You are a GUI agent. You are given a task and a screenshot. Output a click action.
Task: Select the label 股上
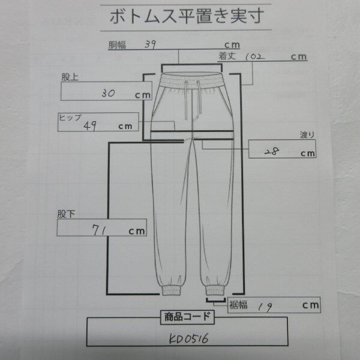point(70,76)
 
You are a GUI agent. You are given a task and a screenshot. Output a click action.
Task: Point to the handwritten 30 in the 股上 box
point(110,94)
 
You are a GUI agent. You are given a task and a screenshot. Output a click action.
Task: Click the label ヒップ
point(69,116)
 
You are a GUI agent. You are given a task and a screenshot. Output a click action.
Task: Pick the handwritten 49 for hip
point(92,125)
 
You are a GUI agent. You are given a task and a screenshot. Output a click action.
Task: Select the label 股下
point(65,213)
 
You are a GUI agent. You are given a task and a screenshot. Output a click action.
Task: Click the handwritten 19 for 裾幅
point(262,306)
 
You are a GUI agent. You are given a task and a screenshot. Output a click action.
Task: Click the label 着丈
point(227,56)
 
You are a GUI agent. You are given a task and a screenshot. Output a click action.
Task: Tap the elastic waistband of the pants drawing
point(191,78)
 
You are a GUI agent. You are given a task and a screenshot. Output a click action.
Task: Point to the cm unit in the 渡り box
point(308,153)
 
